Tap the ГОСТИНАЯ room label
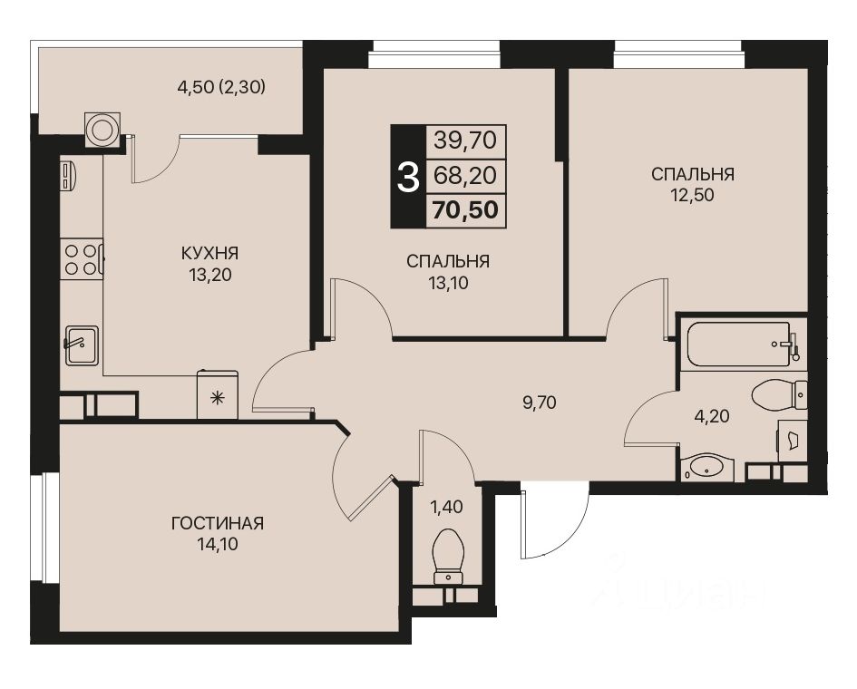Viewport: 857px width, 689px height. pyautogui.click(x=217, y=523)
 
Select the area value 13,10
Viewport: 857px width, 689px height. pyautogui.click(x=448, y=283)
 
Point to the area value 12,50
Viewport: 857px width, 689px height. pyautogui.click(x=692, y=195)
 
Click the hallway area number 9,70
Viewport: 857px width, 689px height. pyautogui.click(x=539, y=403)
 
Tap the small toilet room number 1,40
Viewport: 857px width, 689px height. pyautogui.click(x=446, y=507)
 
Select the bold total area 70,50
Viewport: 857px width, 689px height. pyautogui.click(x=465, y=210)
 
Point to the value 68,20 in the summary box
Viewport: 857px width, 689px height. pyautogui.click(x=465, y=175)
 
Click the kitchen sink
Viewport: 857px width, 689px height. pyautogui.click(x=81, y=344)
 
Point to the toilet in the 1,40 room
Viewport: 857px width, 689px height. pyautogui.click(x=448, y=556)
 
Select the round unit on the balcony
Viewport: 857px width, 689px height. pyautogui.click(x=102, y=129)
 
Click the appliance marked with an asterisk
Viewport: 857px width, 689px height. pyautogui.click(x=218, y=396)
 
